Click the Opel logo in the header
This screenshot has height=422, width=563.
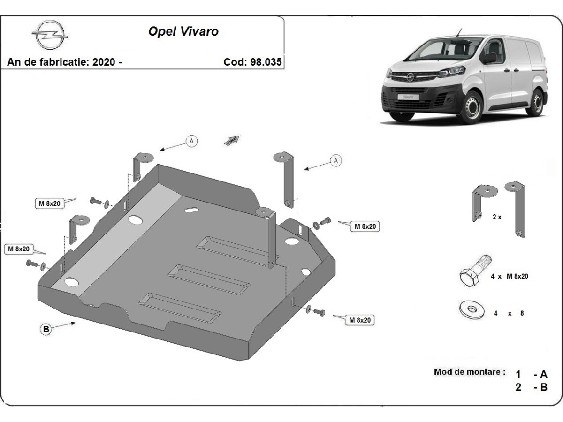[50, 34]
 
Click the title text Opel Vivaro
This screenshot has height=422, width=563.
[183, 32]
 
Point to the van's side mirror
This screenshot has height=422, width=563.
[490, 58]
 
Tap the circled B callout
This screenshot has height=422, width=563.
[46, 330]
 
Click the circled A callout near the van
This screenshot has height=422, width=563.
[335, 161]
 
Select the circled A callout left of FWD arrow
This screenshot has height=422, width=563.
[191, 140]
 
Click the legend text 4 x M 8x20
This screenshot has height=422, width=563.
[509, 276]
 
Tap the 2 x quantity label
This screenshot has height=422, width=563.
[497, 217]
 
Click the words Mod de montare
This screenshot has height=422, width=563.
[470, 372]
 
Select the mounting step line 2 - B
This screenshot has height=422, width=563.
[531, 387]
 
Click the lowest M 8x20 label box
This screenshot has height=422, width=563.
[360, 320]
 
